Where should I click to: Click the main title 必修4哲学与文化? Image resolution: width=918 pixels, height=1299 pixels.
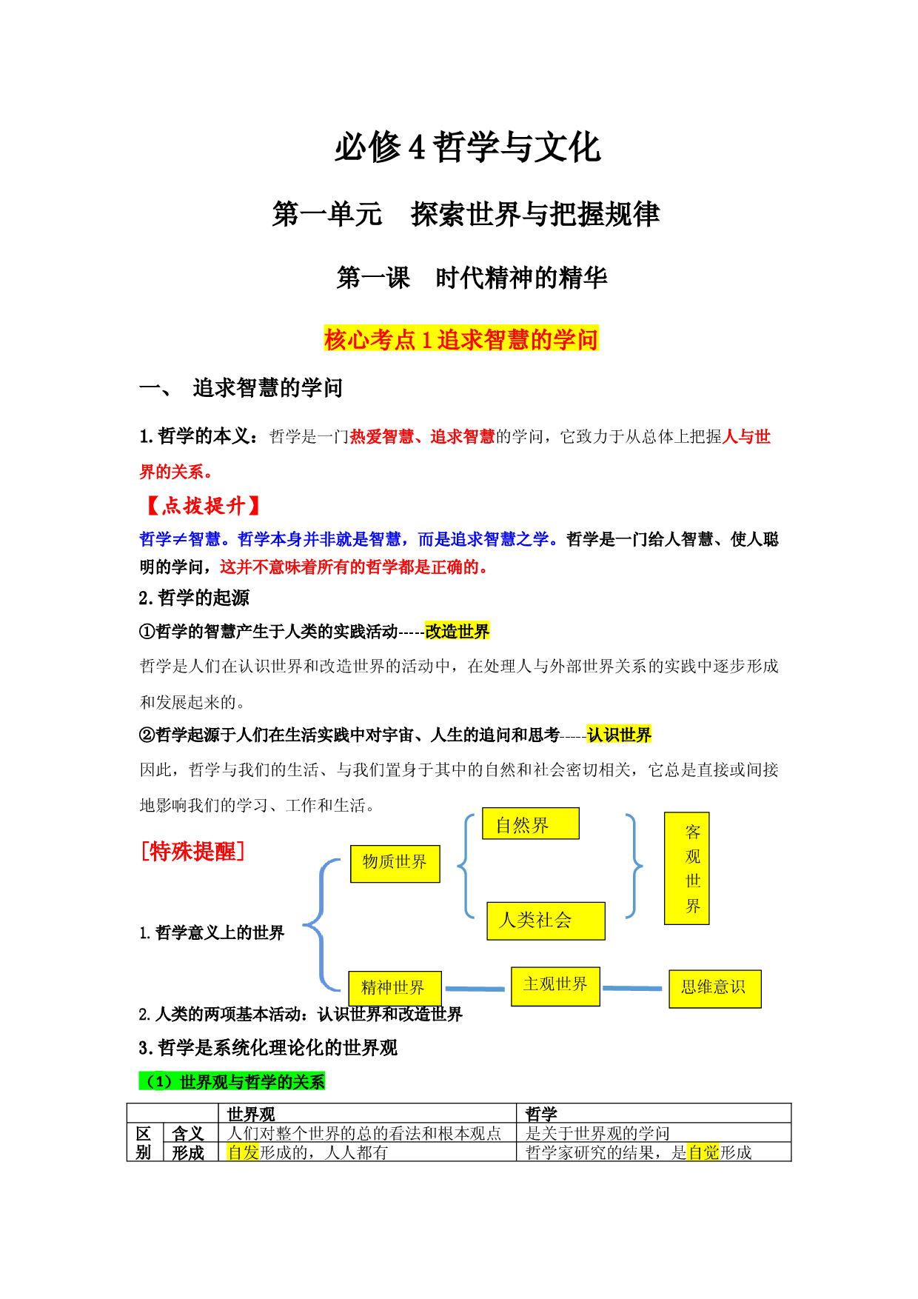467,147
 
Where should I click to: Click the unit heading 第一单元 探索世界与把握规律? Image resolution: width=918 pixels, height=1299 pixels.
466,214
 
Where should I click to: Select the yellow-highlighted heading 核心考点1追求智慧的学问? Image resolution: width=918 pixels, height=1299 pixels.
460,339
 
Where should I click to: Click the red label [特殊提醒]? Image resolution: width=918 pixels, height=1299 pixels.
192,851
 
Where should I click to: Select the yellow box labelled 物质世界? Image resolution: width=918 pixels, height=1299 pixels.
395,864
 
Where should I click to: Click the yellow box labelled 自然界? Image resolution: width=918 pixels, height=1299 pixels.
531,824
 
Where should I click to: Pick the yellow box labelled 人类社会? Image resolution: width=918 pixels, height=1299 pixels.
546,921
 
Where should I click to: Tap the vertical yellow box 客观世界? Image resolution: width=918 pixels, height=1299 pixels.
687,868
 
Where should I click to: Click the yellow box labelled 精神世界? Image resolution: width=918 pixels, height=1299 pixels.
395,989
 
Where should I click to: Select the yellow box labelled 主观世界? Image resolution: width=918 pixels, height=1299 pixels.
555,986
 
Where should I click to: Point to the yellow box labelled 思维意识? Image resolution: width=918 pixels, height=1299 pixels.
715,989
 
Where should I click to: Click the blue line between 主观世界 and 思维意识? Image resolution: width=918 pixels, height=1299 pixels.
632,988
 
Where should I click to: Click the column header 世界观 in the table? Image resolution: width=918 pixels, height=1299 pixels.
251,1114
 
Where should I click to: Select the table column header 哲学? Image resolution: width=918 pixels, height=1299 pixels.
541,1114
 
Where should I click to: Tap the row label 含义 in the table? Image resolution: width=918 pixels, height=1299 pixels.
188,1133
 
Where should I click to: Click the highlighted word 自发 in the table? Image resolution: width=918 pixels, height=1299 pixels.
243,1152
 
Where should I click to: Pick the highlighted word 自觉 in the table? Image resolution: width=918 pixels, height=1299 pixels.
703,1152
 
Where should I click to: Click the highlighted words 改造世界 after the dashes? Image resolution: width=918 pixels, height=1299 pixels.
458,631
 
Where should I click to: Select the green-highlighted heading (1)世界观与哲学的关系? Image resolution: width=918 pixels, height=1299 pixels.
232,1081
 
